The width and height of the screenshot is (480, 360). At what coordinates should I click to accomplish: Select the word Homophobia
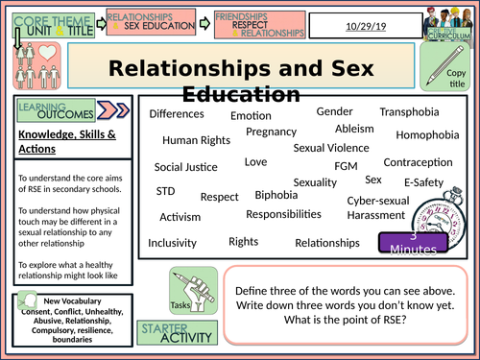pyautogui.click(x=427, y=135)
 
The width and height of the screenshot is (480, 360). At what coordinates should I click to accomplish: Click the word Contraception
pyautogui.click(x=419, y=163)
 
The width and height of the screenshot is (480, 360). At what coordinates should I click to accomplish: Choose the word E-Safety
pyautogui.click(x=422, y=182)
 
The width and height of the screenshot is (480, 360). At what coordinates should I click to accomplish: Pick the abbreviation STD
pyautogui.click(x=165, y=191)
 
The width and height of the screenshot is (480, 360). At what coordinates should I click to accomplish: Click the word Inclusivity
pyautogui.click(x=173, y=242)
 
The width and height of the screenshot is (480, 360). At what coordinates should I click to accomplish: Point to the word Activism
pyautogui.click(x=180, y=217)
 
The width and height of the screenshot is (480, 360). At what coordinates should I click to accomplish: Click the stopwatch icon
pyautogui.click(x=421, y=211)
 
